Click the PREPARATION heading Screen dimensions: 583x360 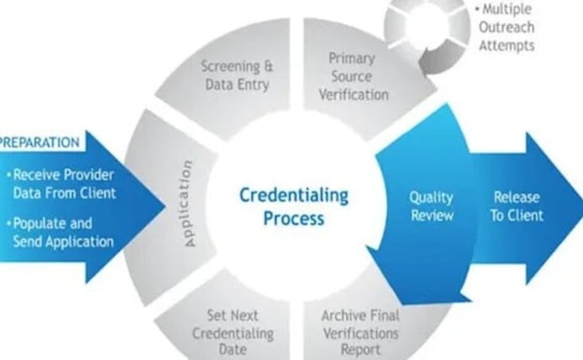click(x=39, y=142)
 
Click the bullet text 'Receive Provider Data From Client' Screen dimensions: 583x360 click(x=64, y=183)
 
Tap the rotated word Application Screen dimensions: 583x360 click(x=189, y=203)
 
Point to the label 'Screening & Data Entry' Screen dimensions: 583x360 click(x=237, y=75)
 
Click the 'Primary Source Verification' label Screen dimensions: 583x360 click(x=353, y=76)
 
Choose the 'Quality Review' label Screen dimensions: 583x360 click(x=431, y=207)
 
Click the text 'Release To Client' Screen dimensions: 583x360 click(x=517, y=207)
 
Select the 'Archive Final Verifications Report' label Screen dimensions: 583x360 click(x=360, y=333)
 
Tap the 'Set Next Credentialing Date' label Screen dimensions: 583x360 click(x=232, y=333)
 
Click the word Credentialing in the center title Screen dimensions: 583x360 click(x=294, y=196)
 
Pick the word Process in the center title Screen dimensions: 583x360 click(x=294, y=219)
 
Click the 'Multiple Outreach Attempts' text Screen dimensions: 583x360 click(x=506, y=27)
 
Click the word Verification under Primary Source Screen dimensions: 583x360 click(x=353, y=94)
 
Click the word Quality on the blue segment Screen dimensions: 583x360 click(x=431, y=198)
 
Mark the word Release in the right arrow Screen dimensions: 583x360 click(x=517, y=197)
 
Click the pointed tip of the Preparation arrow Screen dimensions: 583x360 click(x=165, y=207)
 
